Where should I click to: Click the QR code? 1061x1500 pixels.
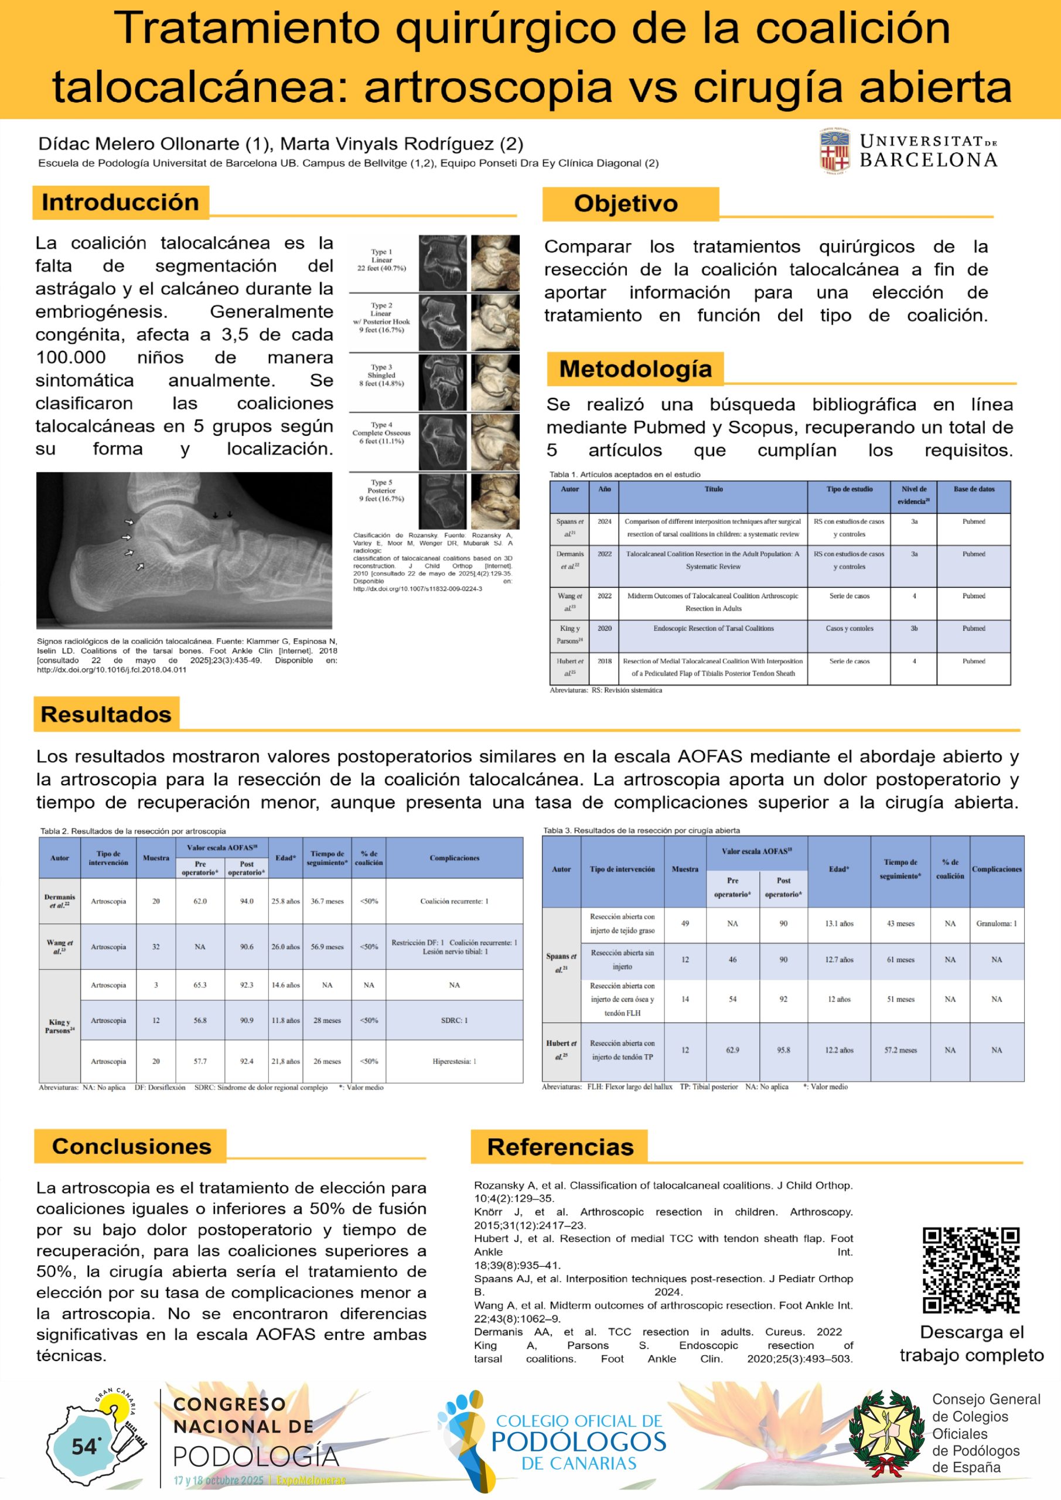[971, 1271]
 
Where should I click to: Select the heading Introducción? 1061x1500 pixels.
[120, 203]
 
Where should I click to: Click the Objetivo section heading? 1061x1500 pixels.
[626, 204]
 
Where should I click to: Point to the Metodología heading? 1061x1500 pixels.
[635, 369]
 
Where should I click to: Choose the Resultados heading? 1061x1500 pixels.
[106, 714]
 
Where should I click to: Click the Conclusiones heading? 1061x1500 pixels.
[131, 1146]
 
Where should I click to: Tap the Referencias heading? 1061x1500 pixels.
[560, 1147]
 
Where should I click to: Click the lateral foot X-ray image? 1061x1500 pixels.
[183, 550]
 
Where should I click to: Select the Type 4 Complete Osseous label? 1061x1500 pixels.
[381, 433]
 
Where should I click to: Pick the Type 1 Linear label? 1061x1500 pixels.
[381, 260]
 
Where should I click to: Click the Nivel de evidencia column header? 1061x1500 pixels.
[913, 495]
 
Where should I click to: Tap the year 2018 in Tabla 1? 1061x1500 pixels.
[605, 661]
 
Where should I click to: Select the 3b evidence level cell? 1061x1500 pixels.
[913, 629]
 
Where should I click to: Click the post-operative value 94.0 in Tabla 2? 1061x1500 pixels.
[246, 901]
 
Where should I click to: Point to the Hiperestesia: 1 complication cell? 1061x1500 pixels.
[454, 1061]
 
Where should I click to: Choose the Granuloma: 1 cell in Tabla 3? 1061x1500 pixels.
[997, 924]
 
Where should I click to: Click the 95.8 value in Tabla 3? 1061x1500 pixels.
[783, 1050]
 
